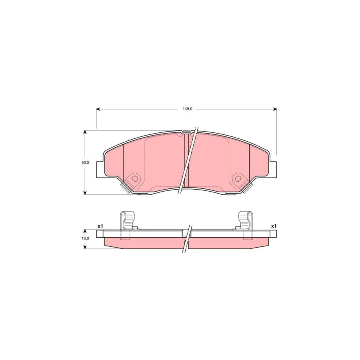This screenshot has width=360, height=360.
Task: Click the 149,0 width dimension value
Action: click(186, 109)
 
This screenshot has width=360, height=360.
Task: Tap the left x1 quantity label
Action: click(100, 226)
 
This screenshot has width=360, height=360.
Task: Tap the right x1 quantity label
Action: click(274, 226)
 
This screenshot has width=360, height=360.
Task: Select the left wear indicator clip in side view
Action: click(127, 221)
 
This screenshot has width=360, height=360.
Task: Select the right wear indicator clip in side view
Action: click(245, 221)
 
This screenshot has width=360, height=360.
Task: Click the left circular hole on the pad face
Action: click(135, 178)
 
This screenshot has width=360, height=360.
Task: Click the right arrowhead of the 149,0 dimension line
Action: click(275, 109)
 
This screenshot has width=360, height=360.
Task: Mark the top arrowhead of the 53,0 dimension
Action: click(85, 132)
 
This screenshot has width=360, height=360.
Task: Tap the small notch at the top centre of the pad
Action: click(186, 132)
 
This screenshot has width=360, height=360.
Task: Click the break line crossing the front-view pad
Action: click(189, 160)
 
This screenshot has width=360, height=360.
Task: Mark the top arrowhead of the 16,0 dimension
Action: click(85, 231)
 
